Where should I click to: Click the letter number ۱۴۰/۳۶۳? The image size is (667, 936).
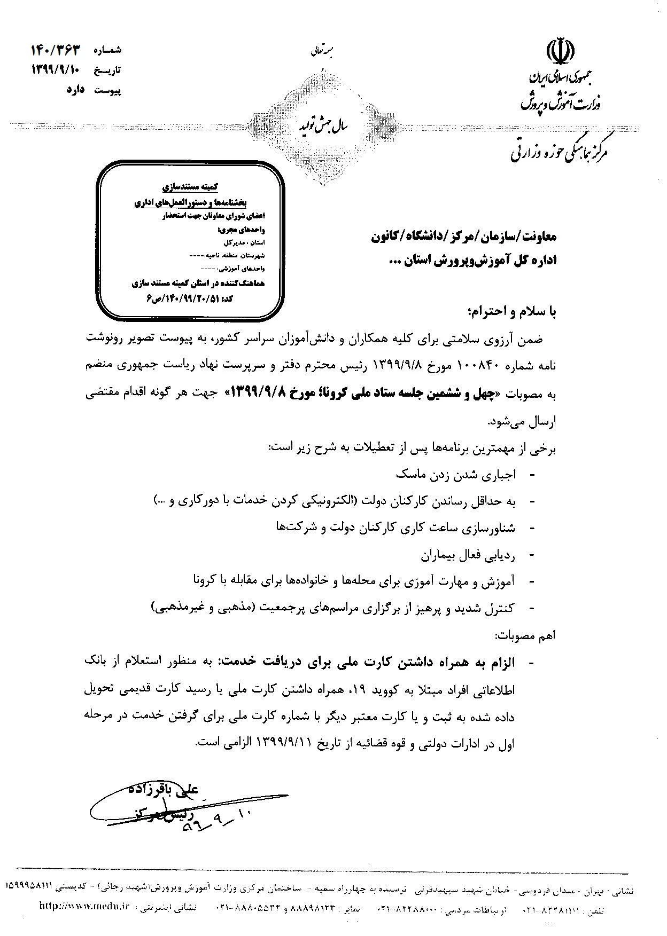click(56, 50)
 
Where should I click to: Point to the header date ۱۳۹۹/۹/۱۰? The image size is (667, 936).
click(56, 70)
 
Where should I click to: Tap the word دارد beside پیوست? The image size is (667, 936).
click(77, 90)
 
